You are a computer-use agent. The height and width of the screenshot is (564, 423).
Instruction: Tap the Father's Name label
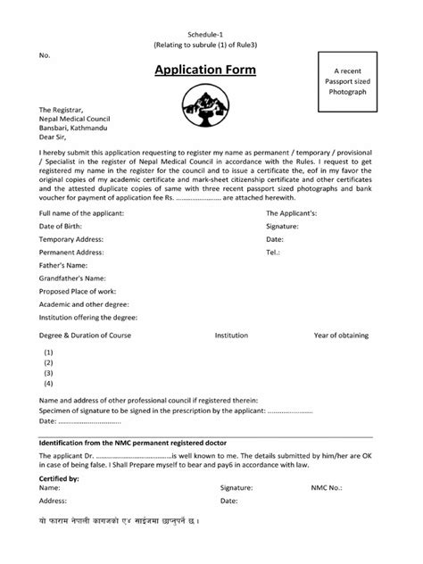(63, 266)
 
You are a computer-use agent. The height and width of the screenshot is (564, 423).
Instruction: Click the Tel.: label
(274, 253)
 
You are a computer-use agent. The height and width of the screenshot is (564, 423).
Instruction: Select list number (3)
(49, 373)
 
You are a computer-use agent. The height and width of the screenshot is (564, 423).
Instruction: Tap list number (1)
(49, 352)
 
